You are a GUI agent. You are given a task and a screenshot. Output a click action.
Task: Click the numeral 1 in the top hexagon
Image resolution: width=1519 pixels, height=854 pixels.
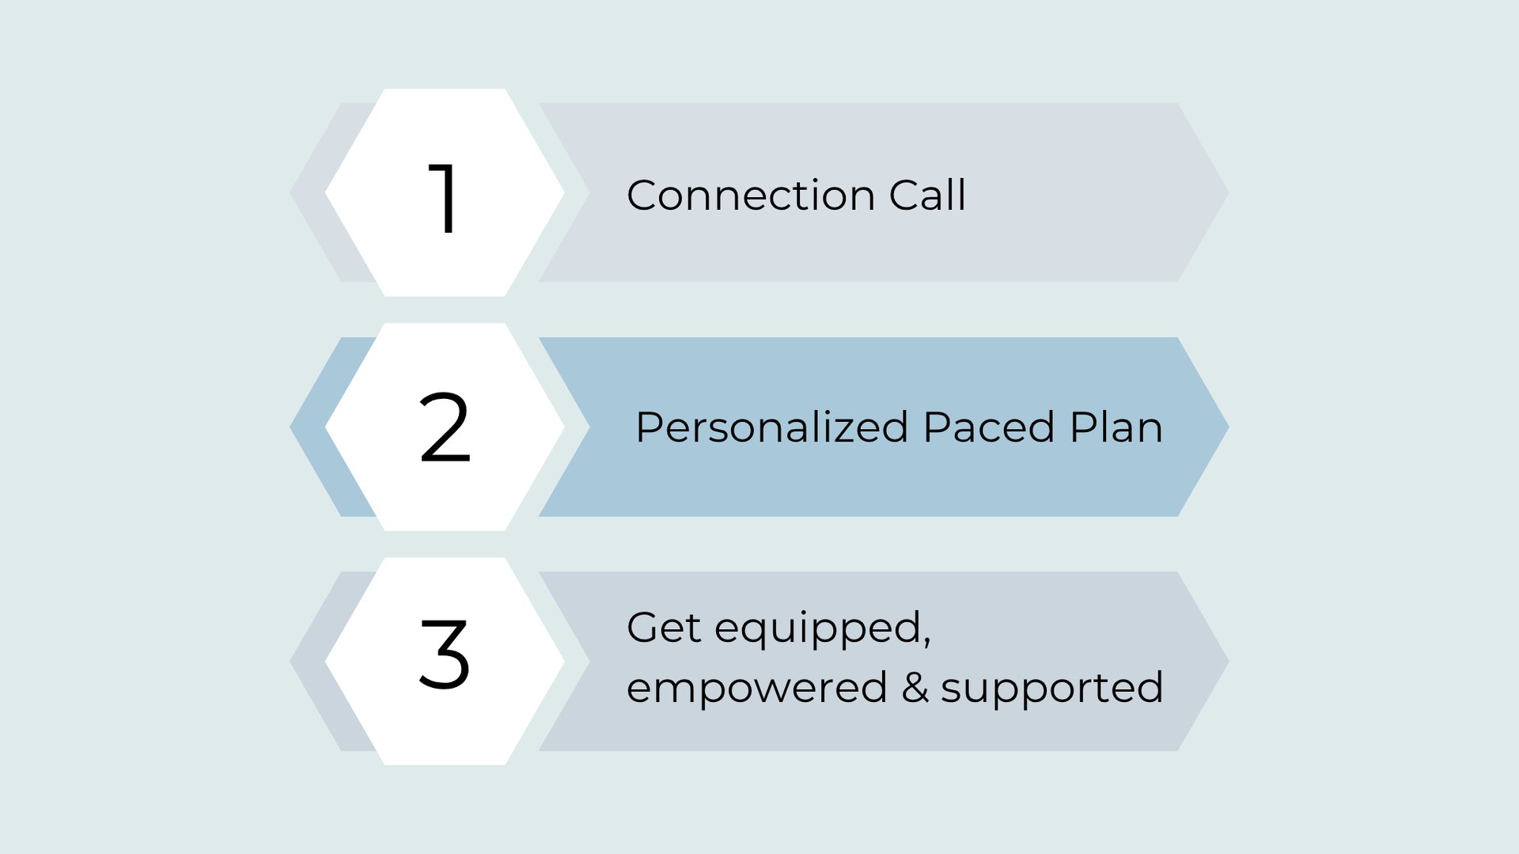[x=444, y=197]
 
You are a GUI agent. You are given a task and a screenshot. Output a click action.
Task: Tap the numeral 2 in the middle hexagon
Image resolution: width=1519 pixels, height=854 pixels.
[x=445, y=427]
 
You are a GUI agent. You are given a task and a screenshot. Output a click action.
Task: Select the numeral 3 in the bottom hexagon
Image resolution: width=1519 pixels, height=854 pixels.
[x=445, y=654]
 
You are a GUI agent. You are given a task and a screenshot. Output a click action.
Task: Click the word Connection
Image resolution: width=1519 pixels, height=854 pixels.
[x=750, y=195]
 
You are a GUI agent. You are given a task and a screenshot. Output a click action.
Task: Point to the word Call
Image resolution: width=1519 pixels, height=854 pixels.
[x=927, y=195]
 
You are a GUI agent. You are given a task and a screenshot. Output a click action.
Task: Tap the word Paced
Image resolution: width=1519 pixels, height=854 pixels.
[x=988, y=428]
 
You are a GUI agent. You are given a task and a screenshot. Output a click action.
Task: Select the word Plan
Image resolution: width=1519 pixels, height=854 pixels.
[x=1116, y=427]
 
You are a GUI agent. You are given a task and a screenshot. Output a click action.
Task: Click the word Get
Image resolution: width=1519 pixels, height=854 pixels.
[x=663, y=628]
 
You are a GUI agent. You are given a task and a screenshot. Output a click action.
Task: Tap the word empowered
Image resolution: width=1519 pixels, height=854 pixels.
[x=756, y=689]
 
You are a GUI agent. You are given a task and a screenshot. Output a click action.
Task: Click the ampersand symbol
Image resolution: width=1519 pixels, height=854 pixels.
[x=915, y=687]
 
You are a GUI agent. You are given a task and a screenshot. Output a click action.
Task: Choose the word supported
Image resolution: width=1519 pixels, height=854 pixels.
[x=1051, y=689]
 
